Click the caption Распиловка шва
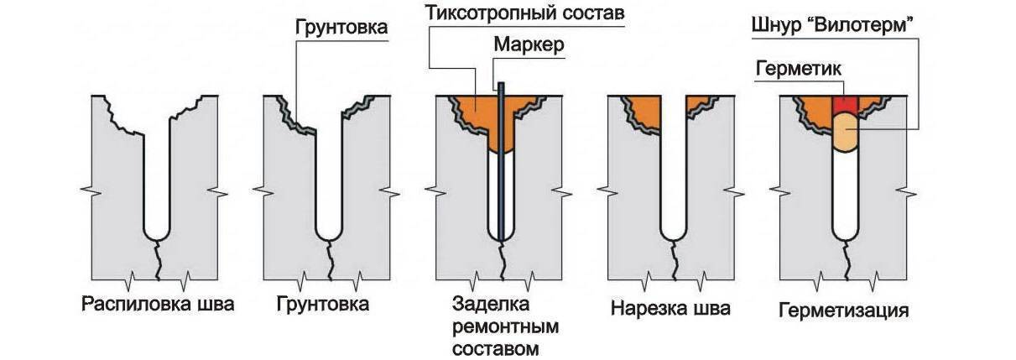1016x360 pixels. tap(157, 304)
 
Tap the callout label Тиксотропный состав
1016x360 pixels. tap(525, 13)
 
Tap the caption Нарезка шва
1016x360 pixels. tap(670, 308)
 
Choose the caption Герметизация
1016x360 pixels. tap(844, 310)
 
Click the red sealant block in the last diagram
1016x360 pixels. tap(845, 104)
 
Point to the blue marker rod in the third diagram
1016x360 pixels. tap(501, 168)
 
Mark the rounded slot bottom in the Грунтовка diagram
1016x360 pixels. tap(329, 230)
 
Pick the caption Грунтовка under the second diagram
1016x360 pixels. tap(322, 304)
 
